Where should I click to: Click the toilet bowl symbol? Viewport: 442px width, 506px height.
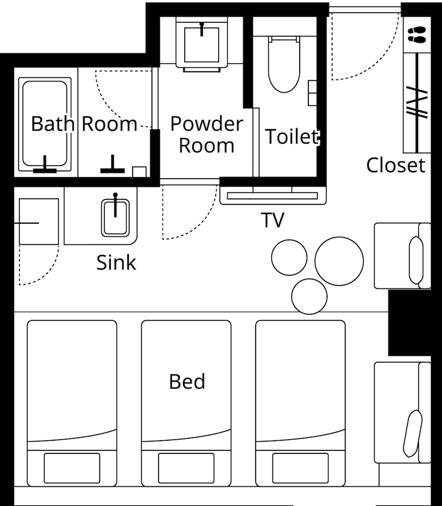(x=284, y=64)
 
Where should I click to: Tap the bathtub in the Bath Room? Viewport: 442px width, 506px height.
(x=45, y=124)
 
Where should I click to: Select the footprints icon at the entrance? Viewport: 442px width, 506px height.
(x=417, y=35)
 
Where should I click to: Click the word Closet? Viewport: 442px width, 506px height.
(x=395, y=165)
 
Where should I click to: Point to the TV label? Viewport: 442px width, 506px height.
(x=273, y=220)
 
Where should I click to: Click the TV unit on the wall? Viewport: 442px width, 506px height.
(x=273, y=195)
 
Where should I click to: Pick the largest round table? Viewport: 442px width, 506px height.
(x=339, y=261)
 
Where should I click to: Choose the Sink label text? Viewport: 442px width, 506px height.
(x=116, y=262)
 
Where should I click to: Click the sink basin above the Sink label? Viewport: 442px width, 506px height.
(x=115, y=218)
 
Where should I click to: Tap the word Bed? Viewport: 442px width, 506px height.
(x=187, y=382)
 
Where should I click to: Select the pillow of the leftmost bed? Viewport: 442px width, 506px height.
(x=72, y=468)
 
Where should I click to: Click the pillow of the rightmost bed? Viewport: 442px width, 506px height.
(x=300, y=468)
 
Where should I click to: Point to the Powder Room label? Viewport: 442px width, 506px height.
(x=207, y=134)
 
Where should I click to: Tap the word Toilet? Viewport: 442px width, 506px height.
(x=292, y=137)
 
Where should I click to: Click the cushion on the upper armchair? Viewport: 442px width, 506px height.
(x=416, y=260)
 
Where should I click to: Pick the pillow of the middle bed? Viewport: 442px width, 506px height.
(x=186, y=468)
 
